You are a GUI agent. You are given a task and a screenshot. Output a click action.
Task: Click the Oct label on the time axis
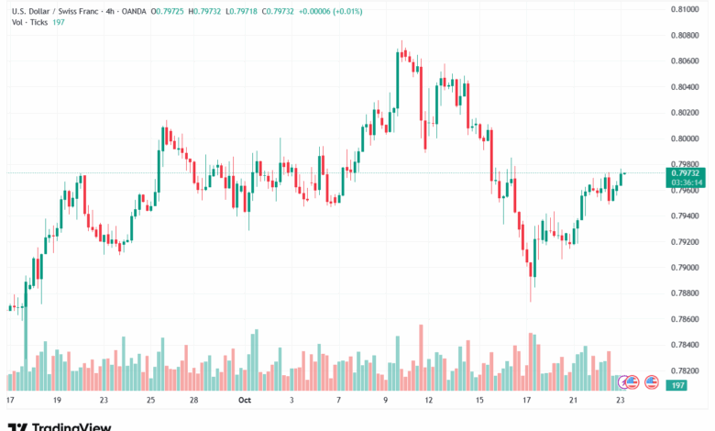pos(245,401)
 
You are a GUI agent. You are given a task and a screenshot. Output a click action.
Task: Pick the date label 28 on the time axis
pos(195,401)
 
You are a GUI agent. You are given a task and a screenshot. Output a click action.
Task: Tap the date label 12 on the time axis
pos(428,401)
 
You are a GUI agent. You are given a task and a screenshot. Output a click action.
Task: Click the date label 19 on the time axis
pos(57,401)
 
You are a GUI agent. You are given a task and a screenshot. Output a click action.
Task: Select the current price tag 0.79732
pos(685,172)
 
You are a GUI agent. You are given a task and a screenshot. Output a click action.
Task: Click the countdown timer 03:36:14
pos(685,182)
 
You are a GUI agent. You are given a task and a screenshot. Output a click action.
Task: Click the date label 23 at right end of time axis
pos(621,401)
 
